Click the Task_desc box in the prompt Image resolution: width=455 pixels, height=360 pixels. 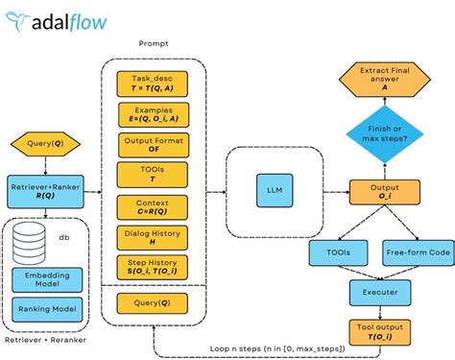pos(152,84)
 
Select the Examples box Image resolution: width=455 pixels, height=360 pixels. pos(152,114)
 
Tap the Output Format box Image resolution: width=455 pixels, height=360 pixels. pos(152,145)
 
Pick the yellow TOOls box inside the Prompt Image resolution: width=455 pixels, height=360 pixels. pos(152,176)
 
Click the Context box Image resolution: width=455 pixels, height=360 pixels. pos(152,206)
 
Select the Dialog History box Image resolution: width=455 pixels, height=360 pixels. pos(152,237)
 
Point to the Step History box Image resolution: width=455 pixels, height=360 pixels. pos(152,267)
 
